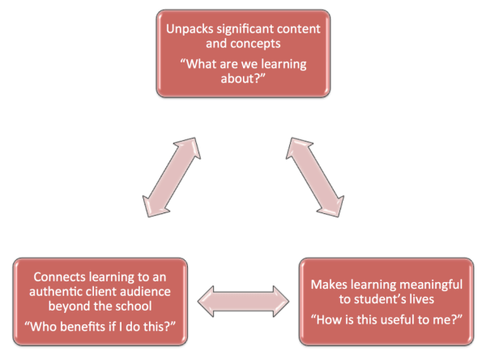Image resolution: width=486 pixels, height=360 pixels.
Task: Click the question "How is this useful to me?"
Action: (386, 320)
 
